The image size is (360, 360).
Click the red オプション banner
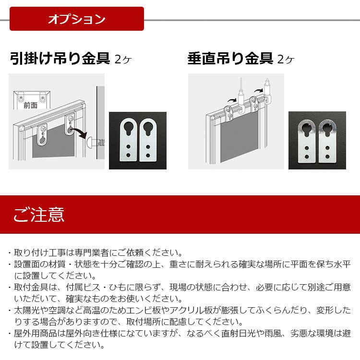pyautogui.click(x=77, y=19)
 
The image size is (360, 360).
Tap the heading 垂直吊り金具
pyautogui.click(x=230, y=59)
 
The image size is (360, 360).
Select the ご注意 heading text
pyautogui.click(x=38, y=214)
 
